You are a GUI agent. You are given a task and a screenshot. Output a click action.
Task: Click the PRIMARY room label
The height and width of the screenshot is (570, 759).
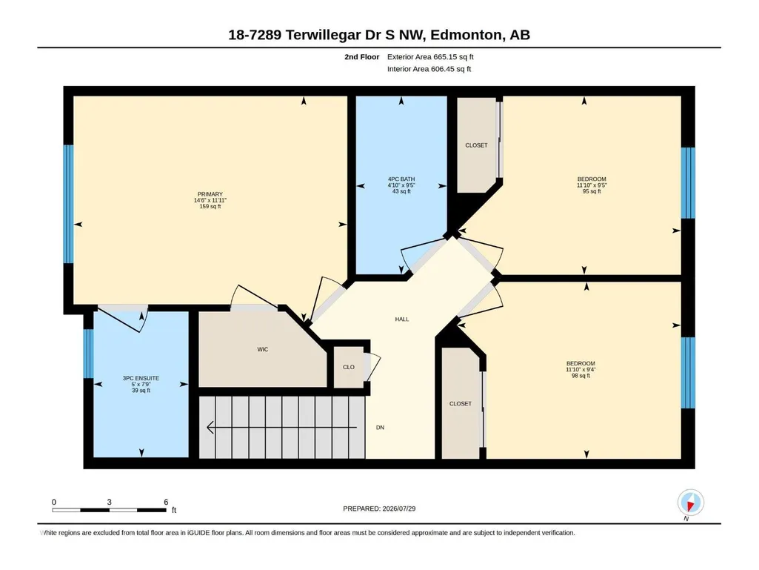point(210,194)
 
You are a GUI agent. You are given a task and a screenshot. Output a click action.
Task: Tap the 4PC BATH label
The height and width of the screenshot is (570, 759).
point(401,179)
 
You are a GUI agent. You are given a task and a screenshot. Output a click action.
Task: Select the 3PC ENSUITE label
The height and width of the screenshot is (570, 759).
point(141,379)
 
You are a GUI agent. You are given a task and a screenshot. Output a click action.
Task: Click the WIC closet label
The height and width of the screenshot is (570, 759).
point(262,349)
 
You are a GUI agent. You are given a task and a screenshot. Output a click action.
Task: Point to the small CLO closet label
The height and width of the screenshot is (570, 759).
point(349,368)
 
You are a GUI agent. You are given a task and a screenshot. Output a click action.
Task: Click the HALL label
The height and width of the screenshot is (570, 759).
point(402,319)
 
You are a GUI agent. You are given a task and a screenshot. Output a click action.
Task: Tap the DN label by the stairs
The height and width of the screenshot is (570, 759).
point(380,428)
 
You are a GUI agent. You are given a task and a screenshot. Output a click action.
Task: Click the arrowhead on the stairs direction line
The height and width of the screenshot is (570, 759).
point(210,428)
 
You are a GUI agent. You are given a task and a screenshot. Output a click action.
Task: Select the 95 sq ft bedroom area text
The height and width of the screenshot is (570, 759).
point(592,191)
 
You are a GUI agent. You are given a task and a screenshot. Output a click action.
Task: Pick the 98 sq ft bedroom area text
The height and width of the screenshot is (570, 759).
point(581,376)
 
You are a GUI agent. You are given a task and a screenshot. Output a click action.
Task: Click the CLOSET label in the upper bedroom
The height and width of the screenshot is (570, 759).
point(476,145)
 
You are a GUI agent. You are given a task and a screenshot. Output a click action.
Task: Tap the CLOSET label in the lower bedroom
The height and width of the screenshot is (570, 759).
point(461,404)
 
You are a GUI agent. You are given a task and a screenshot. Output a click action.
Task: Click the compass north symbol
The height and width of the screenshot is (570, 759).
point(691,503)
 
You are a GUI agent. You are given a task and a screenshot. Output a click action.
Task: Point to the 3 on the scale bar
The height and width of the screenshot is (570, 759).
point(110,502)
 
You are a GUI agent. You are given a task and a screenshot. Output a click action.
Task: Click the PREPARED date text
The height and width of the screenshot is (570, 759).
point(379,509)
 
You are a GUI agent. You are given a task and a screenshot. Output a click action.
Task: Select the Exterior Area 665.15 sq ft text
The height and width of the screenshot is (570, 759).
point(430,57)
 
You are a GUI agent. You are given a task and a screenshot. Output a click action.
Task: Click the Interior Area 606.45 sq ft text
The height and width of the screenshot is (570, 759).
point(429,69)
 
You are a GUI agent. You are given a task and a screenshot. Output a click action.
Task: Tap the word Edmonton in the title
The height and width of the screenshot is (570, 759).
point(466,35)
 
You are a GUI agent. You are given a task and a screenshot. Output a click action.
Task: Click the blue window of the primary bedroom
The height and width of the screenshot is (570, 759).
point(69,204)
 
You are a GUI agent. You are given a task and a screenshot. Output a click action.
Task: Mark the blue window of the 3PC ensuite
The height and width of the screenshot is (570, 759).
point(88,354)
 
